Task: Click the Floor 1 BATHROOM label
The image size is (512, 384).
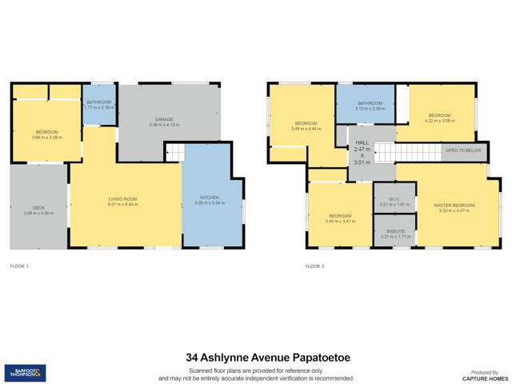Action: [x=99, y=102]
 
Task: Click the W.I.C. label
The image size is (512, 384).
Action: [x=395, y=200]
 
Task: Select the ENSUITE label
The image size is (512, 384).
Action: [x=395, y=231]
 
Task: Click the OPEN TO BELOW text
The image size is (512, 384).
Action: [x=463, y=150]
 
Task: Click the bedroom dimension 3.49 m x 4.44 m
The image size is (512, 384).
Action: [x=306, y=128]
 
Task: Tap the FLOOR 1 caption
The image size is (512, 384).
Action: [x=20, y=265]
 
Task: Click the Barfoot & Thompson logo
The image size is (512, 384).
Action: [x=25, y=372]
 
